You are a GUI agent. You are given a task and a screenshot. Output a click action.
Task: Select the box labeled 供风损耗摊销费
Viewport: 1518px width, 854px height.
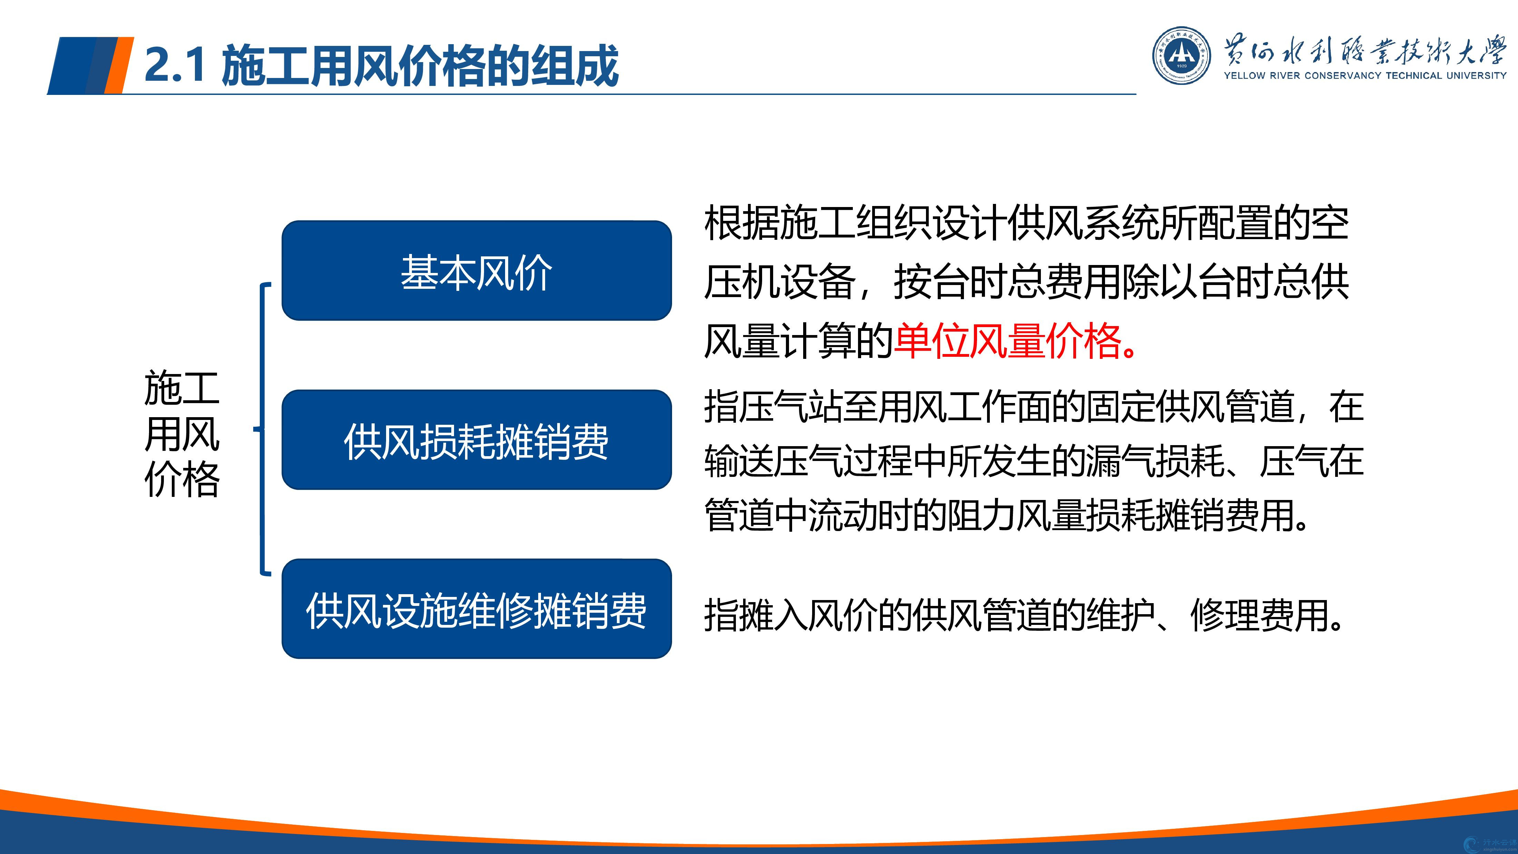(x=477, y=440)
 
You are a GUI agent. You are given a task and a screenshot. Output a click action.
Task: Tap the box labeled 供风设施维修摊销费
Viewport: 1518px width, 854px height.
(x=477, y=609)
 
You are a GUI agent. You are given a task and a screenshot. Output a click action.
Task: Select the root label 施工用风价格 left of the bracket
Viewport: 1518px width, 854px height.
(x=182, y=434)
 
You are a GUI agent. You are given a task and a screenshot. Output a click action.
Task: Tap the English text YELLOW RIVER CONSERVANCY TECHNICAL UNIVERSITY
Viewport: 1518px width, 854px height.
(x=1365, y=76)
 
